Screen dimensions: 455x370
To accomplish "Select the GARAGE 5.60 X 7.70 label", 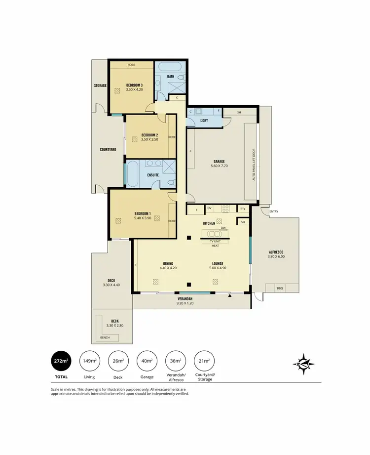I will pyautogui.click(x=219, y=164).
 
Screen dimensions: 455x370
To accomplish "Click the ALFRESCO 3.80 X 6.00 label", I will pyautogui.click(x=276, y=254).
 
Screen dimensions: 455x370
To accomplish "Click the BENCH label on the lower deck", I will pyautogui.click(x=105, y=338).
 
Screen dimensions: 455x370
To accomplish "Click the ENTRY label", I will pyautogui.click(x=274, y=212).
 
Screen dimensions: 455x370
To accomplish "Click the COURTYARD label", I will pyautogui.click(x=108, y=149).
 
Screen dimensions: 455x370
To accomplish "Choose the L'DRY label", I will pyautogui.click(x=204, y=120).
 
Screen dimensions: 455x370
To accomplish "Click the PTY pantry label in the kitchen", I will pyautogui.click(x=243, y=208).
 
